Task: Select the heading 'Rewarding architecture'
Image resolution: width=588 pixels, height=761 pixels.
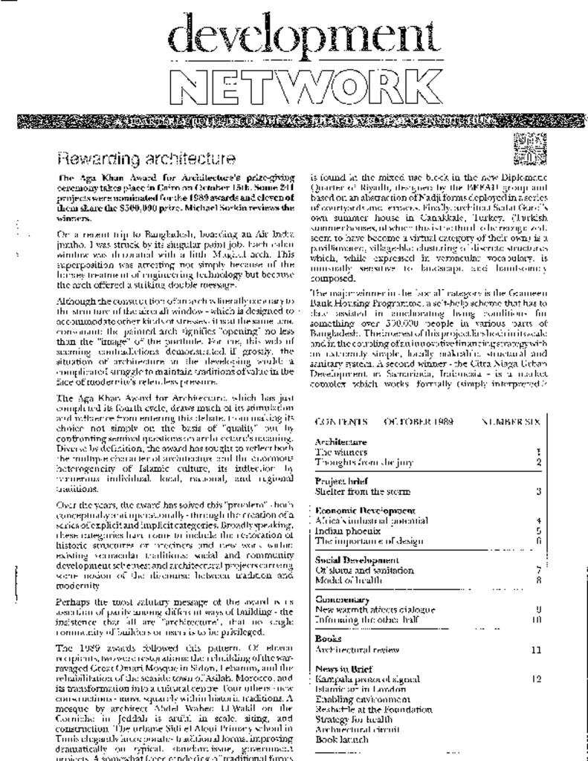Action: [146, 159]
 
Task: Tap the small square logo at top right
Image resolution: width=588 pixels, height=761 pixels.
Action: [529, 149]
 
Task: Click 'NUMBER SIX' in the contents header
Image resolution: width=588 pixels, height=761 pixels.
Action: [511, 421]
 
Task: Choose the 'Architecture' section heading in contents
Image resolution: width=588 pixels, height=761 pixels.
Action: [340, 442]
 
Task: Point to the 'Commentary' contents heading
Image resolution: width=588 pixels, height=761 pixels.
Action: [338, 599]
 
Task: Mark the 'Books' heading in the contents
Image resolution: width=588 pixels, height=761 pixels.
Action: [328, 638]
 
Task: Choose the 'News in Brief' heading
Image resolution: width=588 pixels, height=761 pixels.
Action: [343, 669]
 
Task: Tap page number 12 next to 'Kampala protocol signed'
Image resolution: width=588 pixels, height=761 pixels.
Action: [537, 679]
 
